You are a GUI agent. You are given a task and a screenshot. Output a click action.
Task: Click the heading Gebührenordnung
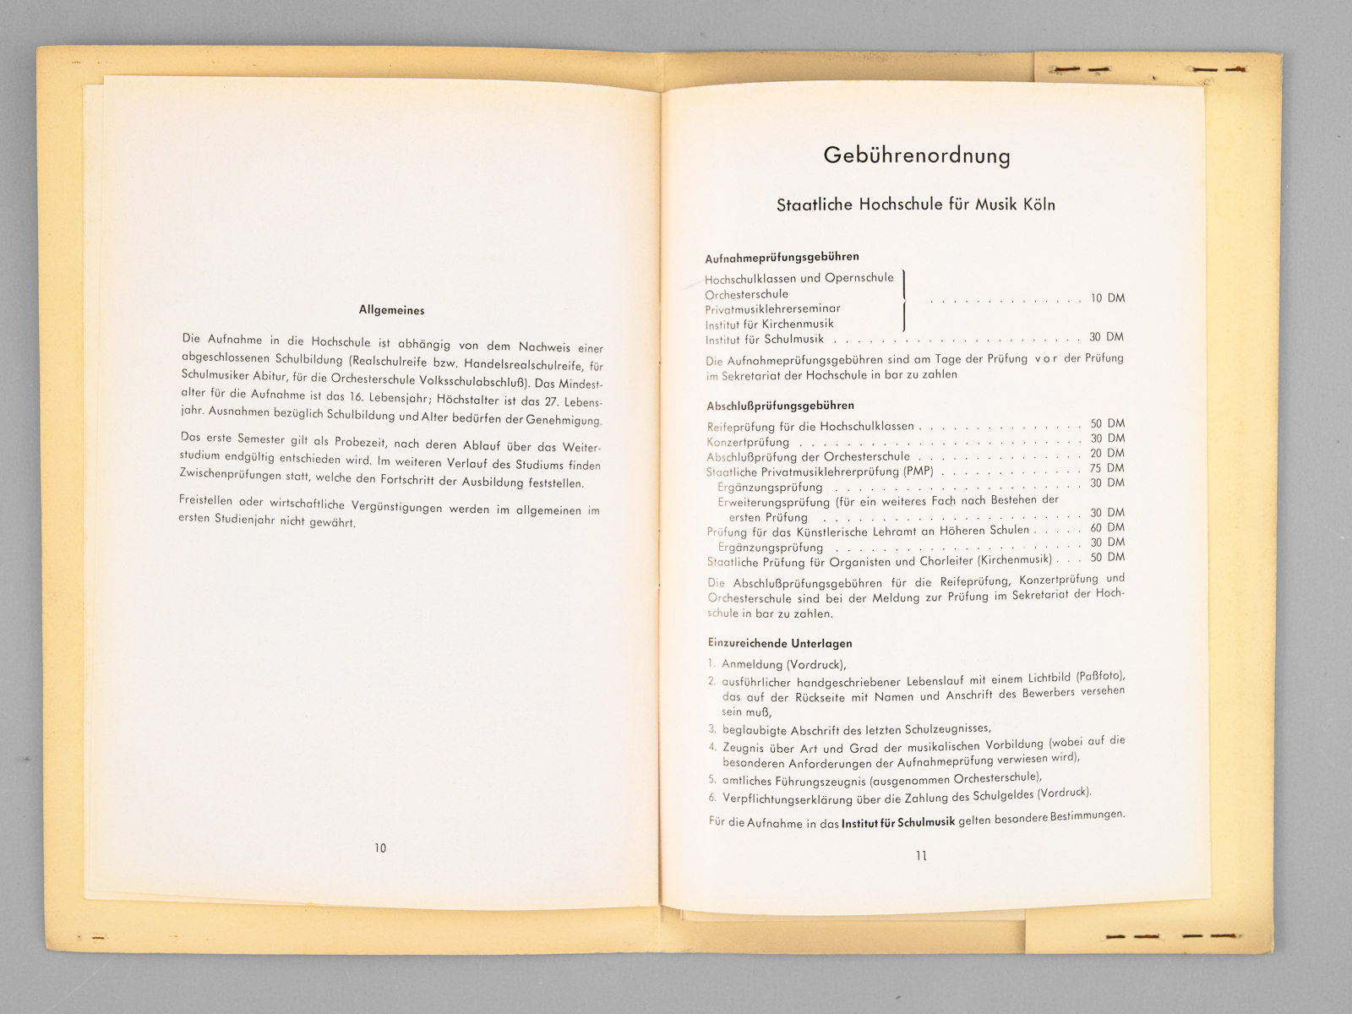pyautogui.click(x=917, y=155)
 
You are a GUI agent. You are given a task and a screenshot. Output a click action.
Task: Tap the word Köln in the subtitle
pyautogui.click(x=1039, y=204)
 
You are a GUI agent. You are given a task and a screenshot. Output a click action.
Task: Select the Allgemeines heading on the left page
pyautogui.click(x=391, y=310)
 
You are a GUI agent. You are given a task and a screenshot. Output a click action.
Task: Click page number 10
pyautogui.click(x=380, y=848)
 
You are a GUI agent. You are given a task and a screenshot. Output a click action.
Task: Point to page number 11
pyautogui.click(x=921, y=855)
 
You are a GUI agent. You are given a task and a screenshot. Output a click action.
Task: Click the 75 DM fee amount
pyautogui.click(x=1107, y=468)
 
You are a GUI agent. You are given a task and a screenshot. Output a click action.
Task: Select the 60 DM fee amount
pyautogui.click(x=1107, y=527)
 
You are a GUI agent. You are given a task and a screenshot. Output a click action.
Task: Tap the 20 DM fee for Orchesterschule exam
pyautogui.click(x=1107, y=453)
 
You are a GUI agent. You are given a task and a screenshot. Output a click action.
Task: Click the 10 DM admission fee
pyautogui.click(x=1107, y=298)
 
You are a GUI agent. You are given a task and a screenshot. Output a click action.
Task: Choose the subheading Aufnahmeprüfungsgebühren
pyautogui.click(x=782, y=257)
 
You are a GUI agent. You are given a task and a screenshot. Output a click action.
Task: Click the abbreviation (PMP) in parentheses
pyautogui.click(x=918, y=472)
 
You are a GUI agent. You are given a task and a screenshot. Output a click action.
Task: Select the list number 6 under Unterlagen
pyautogui.click(x=712, y=797)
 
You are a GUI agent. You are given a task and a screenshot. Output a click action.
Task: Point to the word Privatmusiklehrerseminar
pyautogui.click(x=772, y=309)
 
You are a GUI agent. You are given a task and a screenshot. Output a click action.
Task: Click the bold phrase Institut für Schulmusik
pyautogui.click(x=898, y=821)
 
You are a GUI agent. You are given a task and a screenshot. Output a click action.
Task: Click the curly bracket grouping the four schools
pyautogui.click(x=904, y=300)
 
